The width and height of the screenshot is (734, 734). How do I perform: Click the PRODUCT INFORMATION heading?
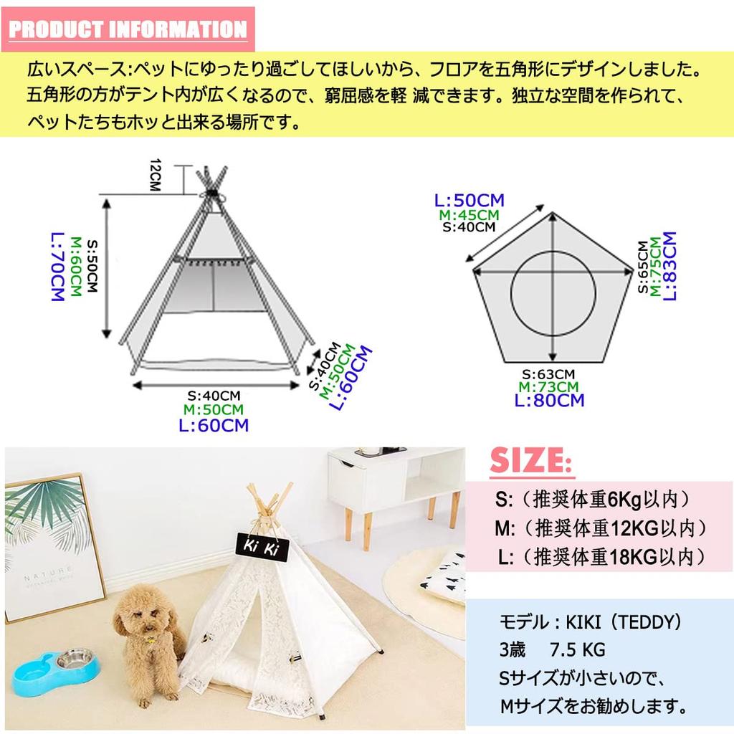128,29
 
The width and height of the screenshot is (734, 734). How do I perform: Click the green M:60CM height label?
75,266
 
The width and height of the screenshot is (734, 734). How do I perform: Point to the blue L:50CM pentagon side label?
470,200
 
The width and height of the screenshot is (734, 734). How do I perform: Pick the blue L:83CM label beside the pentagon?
669,265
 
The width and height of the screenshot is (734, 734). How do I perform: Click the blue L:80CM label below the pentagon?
549,400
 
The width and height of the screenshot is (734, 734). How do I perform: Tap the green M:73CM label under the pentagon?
548,387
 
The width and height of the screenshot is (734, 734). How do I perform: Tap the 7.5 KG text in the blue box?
578,650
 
